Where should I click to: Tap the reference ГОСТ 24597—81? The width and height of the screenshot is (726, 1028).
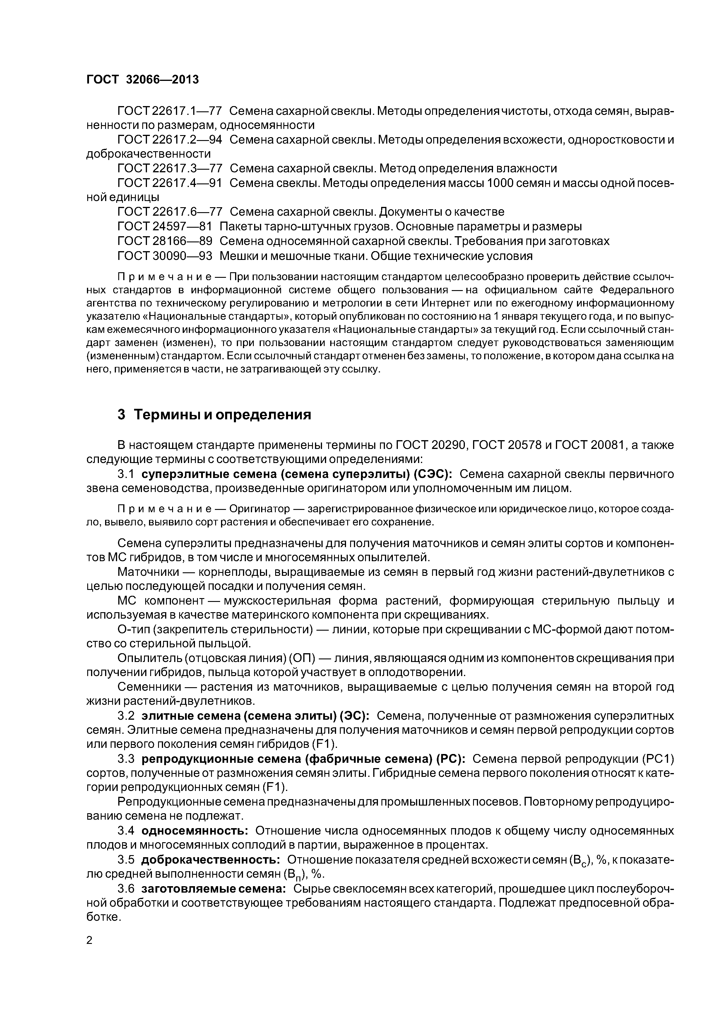(164, 227)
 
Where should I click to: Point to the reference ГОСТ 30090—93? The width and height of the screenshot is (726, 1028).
(164, 256)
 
